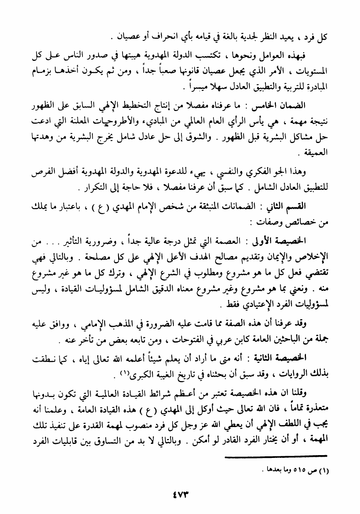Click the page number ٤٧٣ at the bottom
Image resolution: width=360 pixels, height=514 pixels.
pos(180,493)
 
